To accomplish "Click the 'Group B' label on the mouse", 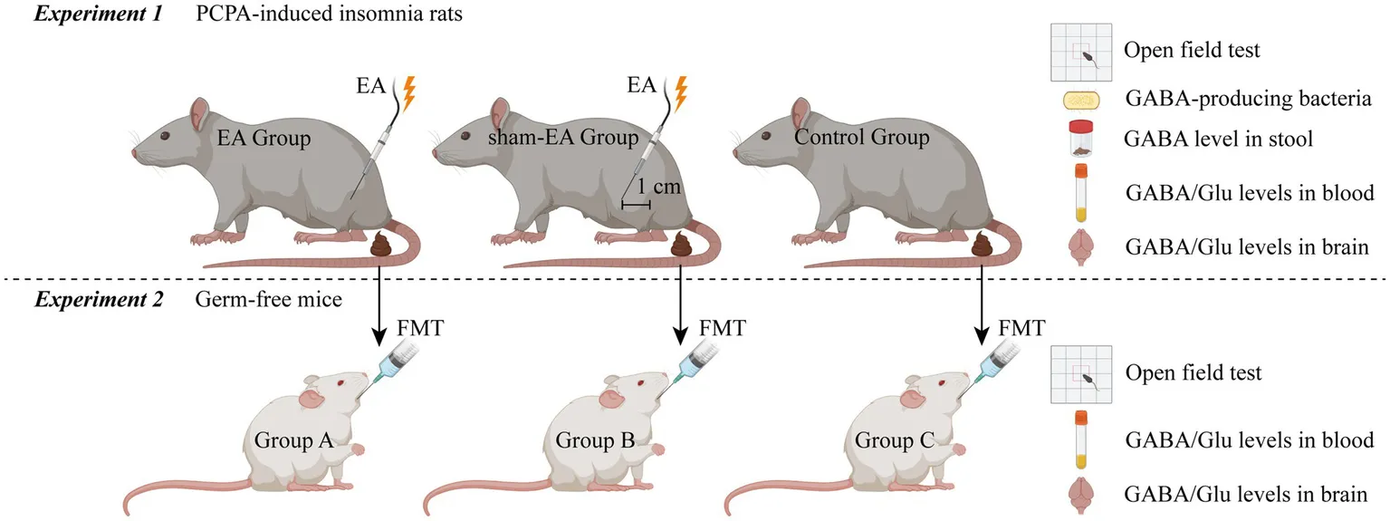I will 592,442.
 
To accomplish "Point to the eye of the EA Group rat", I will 165,136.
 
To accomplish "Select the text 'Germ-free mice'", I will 269,300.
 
